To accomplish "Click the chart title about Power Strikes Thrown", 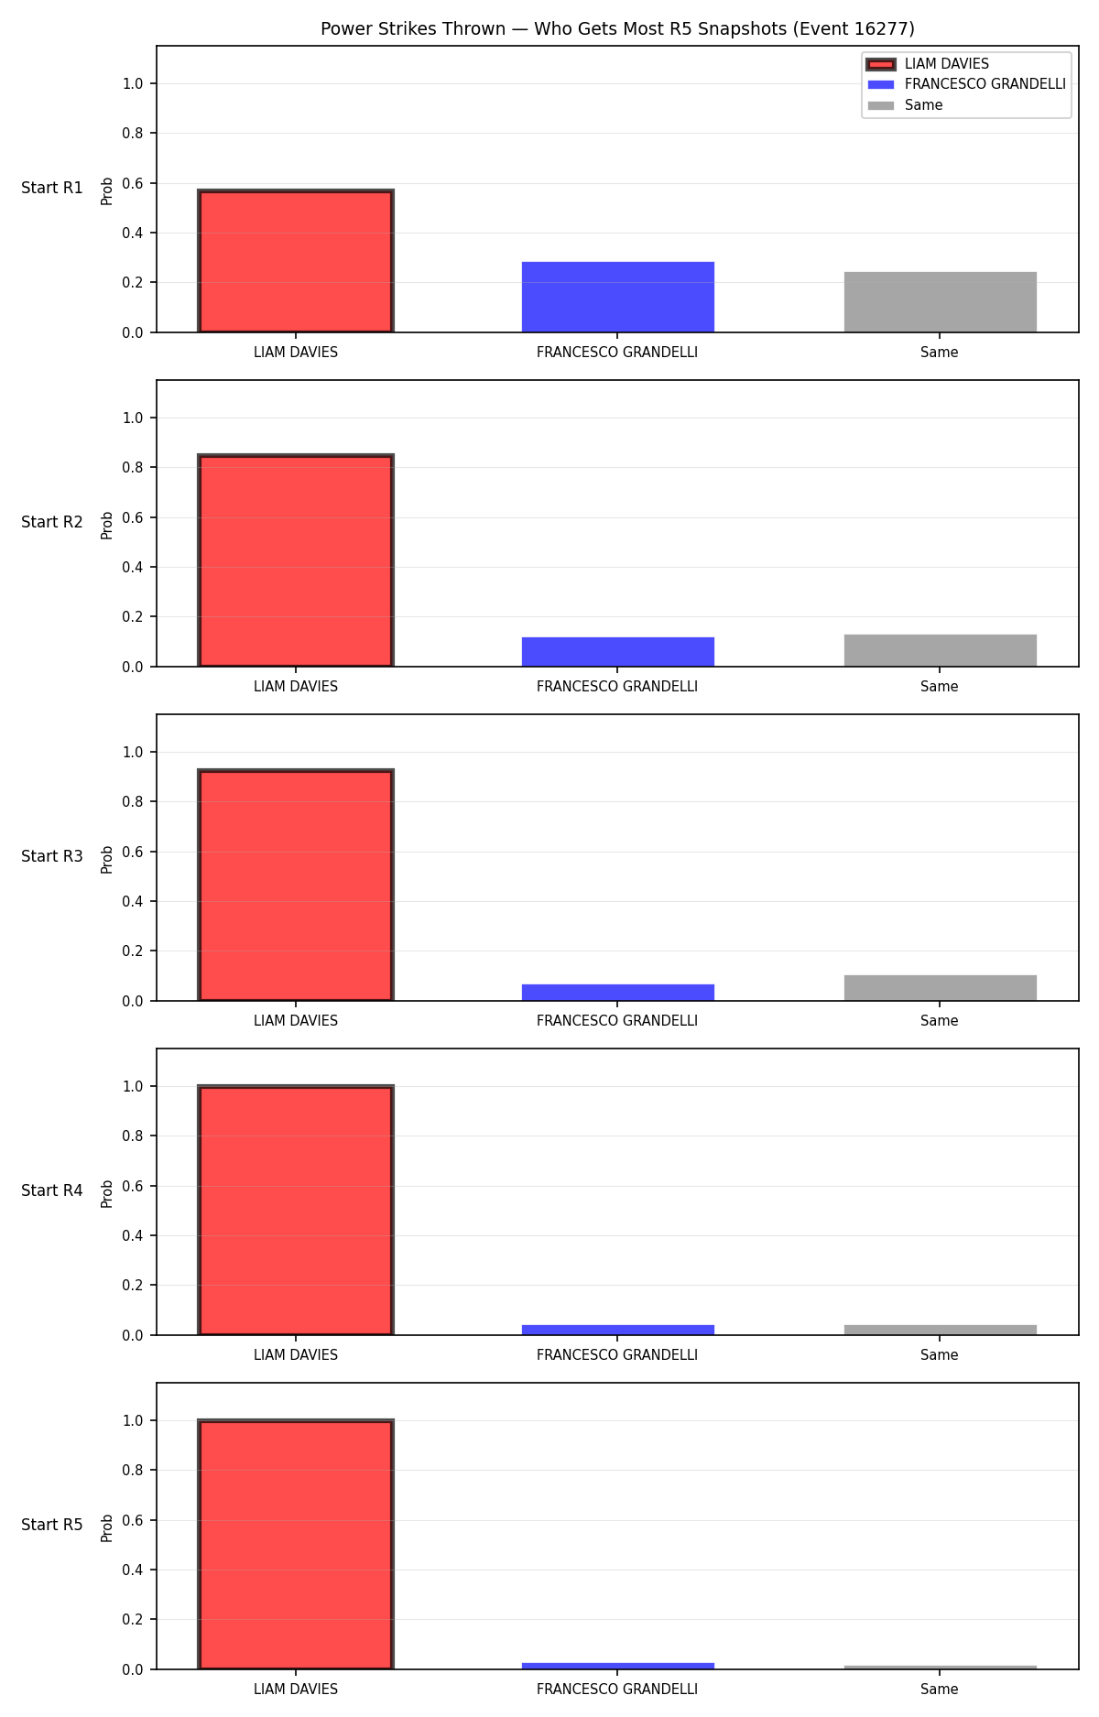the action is [x=617, y=29].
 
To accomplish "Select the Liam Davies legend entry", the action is [x=928, y=64].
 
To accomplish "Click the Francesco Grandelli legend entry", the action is [x=966, y=84].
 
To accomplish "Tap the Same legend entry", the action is [x=906, y=105].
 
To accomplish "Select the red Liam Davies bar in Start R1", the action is [x=296, y=261].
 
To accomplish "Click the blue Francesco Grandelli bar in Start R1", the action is [x=618, y=297].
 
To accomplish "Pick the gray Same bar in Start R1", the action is [x=941, y=302].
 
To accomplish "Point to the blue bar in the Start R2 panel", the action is [x=618, y=652].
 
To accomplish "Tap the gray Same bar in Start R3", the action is [x=941, y=988].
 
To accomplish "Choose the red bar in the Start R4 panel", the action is [x=296, y=1211].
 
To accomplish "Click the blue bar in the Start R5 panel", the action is [x=618, y=1666].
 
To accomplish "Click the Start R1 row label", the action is [x=52, y=188].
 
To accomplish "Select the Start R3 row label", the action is [x=52, y=856].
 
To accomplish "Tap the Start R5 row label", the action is [x=52, y=1525].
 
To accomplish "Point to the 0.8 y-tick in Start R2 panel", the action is [x=133, y=467].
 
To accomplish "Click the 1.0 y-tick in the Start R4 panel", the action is [x=133, y=1086].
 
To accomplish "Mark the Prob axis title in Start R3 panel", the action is [x=107, y=859].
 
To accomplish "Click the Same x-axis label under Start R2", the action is [x=940, y=687].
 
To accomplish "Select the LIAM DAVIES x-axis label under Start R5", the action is [x=296, y=1690].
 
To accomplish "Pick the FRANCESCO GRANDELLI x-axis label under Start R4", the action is [x=617, y=1355].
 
